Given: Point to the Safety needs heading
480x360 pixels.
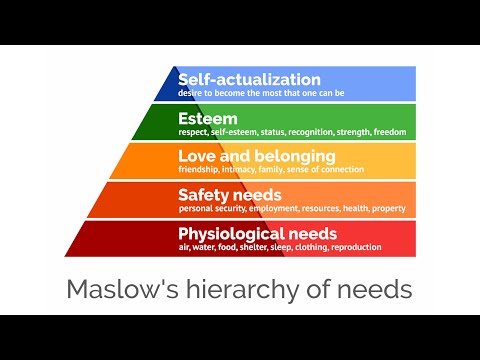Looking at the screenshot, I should (229, 194).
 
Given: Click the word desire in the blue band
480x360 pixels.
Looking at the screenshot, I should (191, 92).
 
